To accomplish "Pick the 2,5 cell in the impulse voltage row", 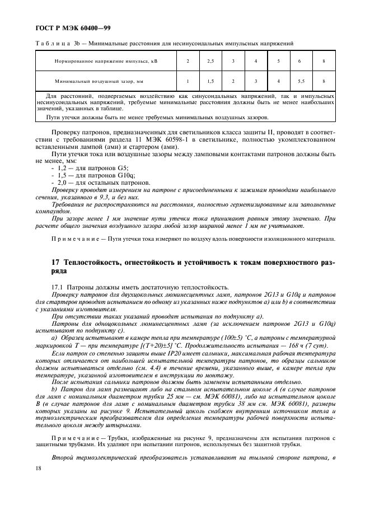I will [210, 61].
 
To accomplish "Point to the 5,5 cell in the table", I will [301, 81].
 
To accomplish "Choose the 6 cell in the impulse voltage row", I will [301, 61].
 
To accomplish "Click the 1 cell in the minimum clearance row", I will [188, 81].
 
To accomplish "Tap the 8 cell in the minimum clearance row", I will [324, 81].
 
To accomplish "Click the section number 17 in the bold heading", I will [55, 262].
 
